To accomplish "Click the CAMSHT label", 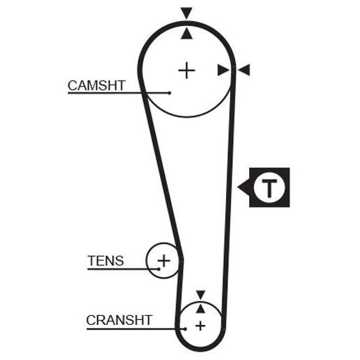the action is (96, 86).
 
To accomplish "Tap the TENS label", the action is (105, 260).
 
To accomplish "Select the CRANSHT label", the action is (119, 320).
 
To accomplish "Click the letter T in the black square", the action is (269, 188).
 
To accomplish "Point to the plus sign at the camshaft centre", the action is (187, 70).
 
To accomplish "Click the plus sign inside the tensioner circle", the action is (164, 260).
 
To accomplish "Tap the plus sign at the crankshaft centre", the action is (201, 326).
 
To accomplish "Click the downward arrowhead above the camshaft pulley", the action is (187, 13).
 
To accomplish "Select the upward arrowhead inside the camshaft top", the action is (187, 33).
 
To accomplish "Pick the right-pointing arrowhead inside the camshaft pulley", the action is (223, 70).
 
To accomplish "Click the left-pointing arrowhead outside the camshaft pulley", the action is (244, 70).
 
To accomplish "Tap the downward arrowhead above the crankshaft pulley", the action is (201, 295).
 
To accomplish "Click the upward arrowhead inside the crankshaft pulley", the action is (201, 309).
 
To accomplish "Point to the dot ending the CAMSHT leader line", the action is (170, 93).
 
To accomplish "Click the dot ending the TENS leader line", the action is (159, 269).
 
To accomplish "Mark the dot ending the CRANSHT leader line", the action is (185, 329).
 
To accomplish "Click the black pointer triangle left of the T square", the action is (244, 187).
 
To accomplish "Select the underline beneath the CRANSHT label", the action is (135, 329).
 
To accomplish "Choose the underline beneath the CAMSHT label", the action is (119, 93).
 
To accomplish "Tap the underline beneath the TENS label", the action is (124, 269).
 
